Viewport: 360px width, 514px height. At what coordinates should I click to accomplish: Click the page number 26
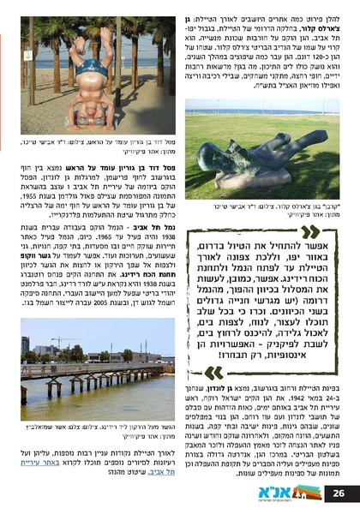tap(340, 493)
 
